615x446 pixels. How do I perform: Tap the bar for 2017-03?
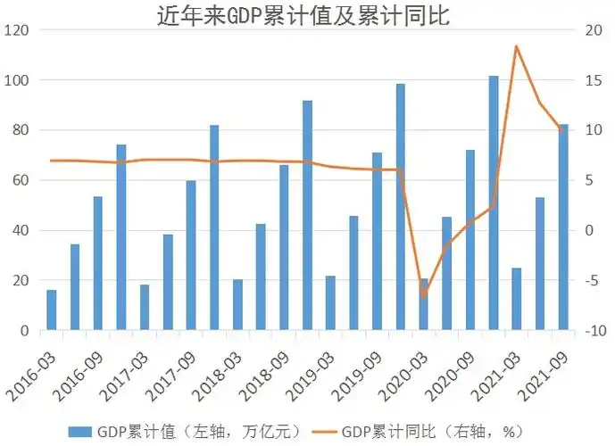[x=145, y=308]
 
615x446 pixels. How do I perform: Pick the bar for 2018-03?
[x=237, y=305]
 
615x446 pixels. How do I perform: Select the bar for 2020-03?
[x=423, y=305]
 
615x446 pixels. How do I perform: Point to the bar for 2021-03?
[x=516, y=299]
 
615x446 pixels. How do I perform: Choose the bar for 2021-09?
[x=563, y=227]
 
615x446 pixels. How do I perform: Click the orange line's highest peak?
[x=516, y=45]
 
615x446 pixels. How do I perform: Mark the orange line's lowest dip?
[x=423, y=295]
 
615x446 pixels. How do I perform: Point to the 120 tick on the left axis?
[x=18, y=30]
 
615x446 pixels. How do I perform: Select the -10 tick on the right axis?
[x=590, y=331]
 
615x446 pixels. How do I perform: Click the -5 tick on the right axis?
[x=592, y=281]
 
